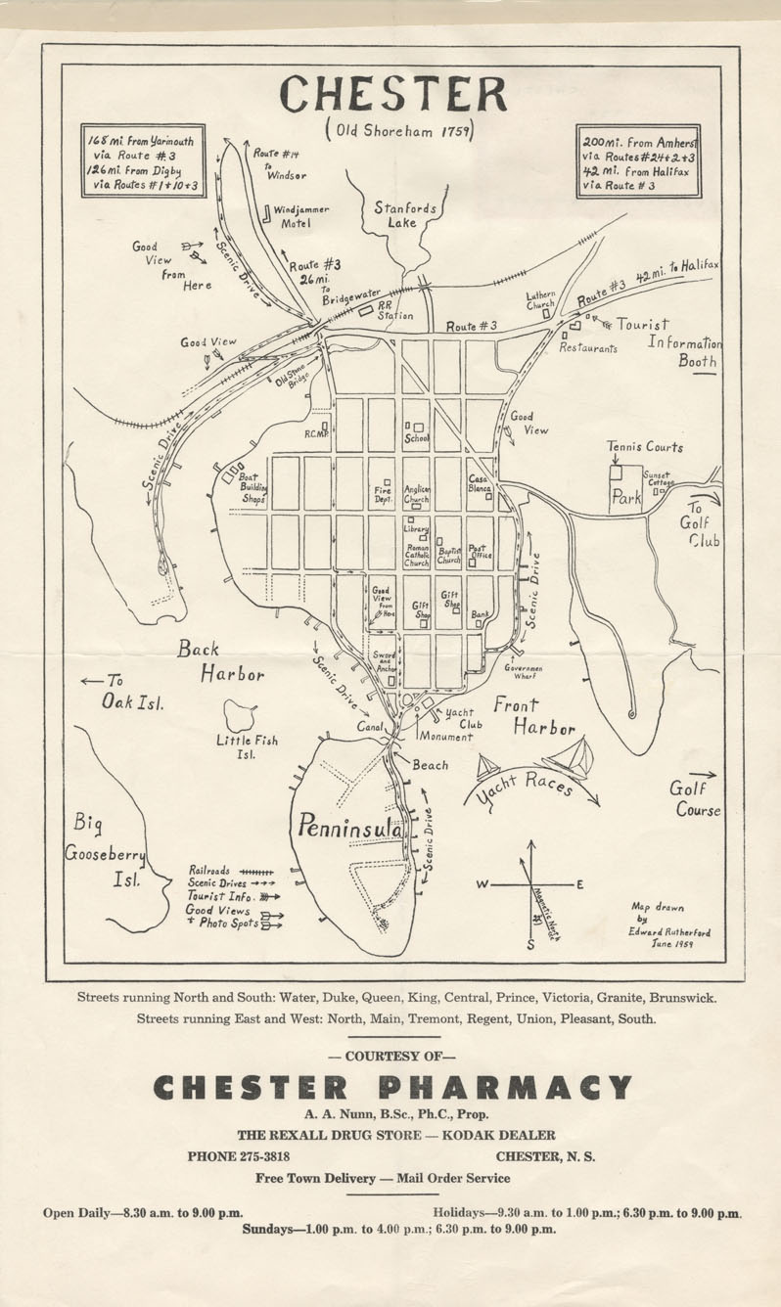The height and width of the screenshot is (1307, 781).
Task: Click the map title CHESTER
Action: [x=392, y=95]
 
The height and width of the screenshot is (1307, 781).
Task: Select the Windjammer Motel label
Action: [x=300, y=216]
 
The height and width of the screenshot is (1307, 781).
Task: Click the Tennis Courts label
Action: [x=644, y=447]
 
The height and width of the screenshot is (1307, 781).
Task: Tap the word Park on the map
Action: [x=625, y=497]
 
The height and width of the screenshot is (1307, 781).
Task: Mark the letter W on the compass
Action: [x=482, y=884]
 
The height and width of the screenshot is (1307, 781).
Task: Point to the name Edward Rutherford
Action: [x=669, y=932]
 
